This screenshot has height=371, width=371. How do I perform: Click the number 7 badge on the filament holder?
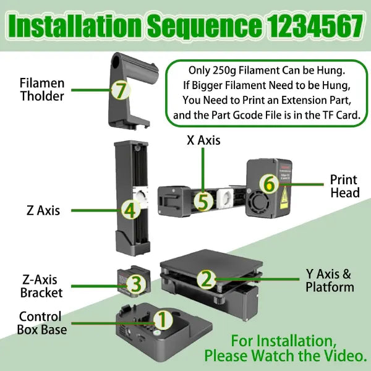121,90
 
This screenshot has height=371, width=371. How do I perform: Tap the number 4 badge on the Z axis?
131,210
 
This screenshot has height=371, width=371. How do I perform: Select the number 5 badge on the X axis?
203,202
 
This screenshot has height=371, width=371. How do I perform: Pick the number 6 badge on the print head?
269,184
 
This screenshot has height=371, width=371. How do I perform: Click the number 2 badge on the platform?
207,279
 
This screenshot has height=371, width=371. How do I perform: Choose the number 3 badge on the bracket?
136,284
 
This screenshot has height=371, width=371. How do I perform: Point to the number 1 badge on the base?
163,320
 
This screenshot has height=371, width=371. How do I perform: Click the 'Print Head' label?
345,186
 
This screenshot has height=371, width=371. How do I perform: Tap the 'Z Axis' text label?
43,210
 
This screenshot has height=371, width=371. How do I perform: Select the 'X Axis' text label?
203,140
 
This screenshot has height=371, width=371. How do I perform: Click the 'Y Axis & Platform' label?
330,281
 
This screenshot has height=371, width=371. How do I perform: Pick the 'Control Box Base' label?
42,323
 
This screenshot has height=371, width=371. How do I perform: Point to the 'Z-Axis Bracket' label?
41,286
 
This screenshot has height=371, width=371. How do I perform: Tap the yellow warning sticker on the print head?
284,198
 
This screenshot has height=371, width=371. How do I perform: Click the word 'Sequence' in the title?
205,25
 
